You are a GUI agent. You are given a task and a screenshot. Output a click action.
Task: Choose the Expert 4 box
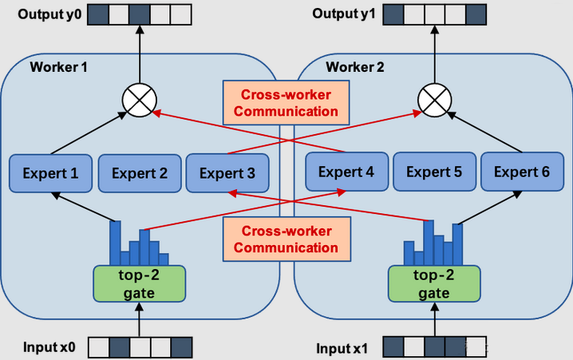[x=347, y=172]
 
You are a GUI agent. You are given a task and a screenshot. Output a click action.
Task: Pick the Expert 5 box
[x=434, y=172]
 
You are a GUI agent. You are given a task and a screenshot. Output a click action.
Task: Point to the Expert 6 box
[x=522, y=172]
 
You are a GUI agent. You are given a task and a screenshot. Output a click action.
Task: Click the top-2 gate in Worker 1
[x=139, y=283]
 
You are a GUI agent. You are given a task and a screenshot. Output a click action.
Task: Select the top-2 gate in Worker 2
[x=434, y=283]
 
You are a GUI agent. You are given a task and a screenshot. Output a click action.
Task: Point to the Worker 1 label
[x=59, y=66]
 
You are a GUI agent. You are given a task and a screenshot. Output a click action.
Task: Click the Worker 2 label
[x=355, y=66]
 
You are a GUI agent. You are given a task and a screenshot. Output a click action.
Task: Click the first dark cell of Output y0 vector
[x=97, y=14]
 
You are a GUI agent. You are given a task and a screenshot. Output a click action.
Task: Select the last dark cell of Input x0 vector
[x=181, y=347]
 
